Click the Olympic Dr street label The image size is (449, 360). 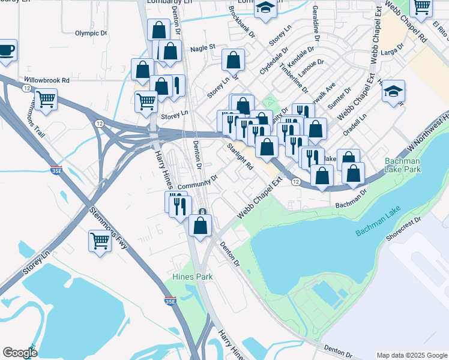(91, 34)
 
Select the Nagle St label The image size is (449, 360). (202, 47)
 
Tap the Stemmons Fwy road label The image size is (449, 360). (109, 228)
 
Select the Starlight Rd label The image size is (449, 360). (240, 155)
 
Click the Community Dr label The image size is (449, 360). (197, 182)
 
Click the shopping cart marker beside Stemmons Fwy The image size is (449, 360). (100, 241)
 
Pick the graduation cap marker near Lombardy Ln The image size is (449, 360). (264, 8)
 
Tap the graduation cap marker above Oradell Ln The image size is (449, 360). (393, 92)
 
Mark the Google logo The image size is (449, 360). (20, 353)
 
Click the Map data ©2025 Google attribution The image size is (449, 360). (411, 355)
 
